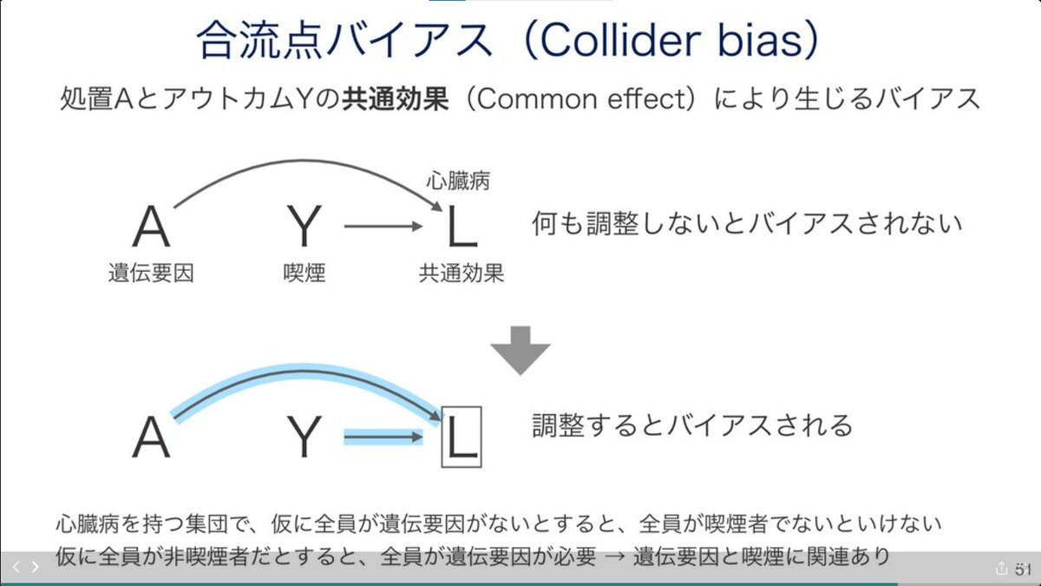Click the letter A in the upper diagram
(152, 228)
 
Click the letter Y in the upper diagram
(304, 228)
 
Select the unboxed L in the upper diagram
(461, 228)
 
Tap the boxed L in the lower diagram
(461, 438)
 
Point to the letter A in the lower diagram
(152, 438)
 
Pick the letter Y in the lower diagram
(304, 438)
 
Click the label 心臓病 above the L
(458, 181)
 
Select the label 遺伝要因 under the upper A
(151, 273)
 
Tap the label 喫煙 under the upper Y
(304, 273)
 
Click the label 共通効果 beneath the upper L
(461, 273)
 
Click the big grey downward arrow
(520, 350)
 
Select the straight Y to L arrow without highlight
(382, 228)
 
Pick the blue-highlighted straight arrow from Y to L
(382, 438)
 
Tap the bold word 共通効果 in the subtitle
(396, 99)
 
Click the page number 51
(1021, 568)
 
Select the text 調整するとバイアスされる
(691, 425)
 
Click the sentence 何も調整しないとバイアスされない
(746, 224)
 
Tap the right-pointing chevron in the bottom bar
(36, 567)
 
